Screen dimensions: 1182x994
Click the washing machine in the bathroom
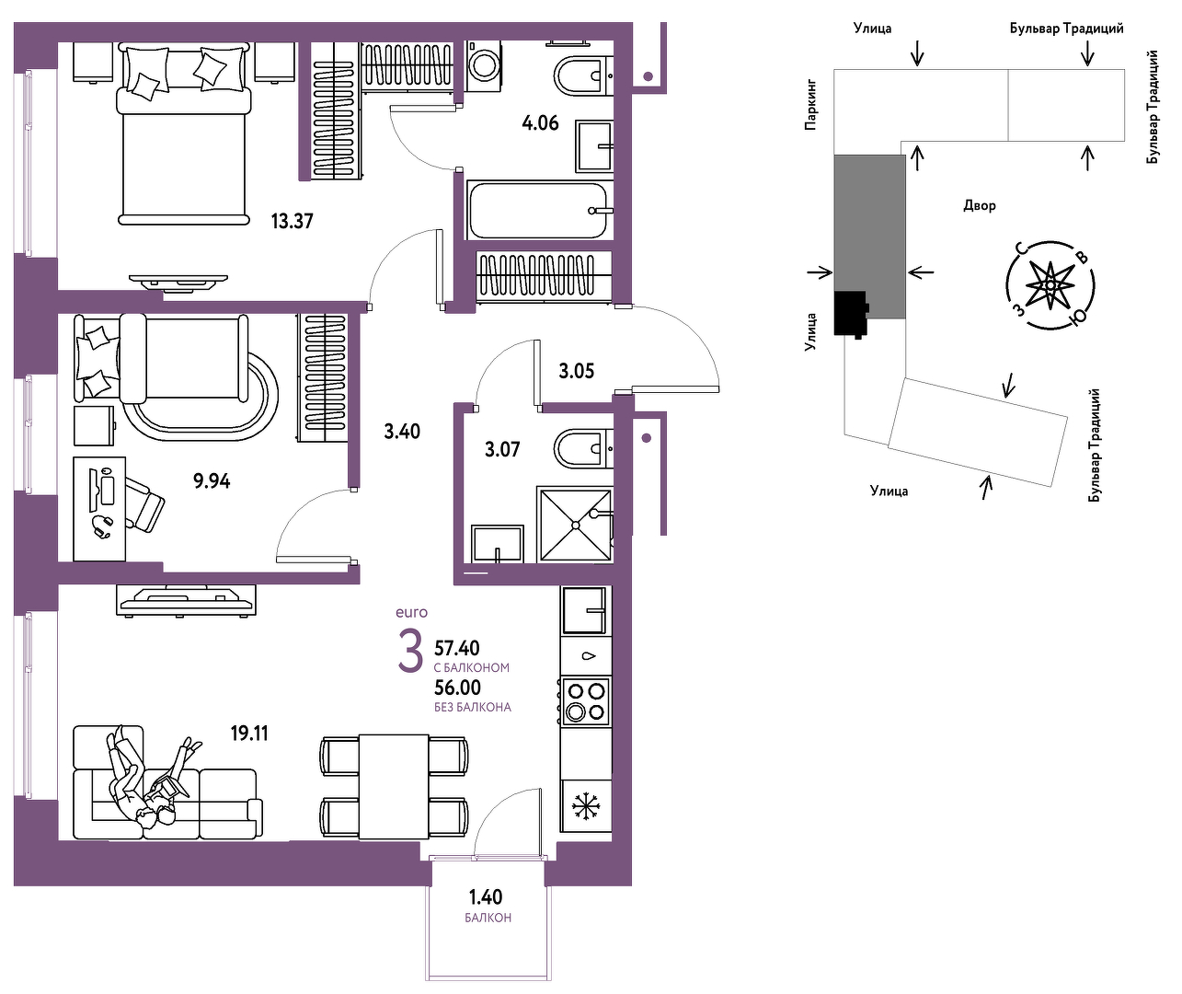[x=484, y=66]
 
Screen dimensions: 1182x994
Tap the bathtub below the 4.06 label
[x=538, y=210]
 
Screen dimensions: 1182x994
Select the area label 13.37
[x=292, y=221]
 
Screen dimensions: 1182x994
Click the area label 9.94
[x=212, y=481]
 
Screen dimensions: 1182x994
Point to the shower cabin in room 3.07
[x=575, y=525]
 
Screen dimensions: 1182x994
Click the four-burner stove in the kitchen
[x=585, y=701]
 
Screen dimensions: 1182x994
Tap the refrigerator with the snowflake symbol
[x=585, y=806]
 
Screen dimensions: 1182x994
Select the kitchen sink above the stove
[x=585, y=610]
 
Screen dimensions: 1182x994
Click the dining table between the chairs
[x=394, y=786]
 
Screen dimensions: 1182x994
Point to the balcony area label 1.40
[x=485, y=897]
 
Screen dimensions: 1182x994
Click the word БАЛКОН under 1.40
[x=488, y=919]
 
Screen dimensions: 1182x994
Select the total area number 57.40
[x=457, y=647]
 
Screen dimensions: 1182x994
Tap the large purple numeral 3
[x=410, y=652]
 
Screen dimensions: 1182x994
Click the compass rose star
[x=1050, y=285]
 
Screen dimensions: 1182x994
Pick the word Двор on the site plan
[x=980, y=205]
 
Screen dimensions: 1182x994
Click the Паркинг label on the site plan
[x=810, y=105]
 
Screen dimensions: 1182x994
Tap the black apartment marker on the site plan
[x=852, y=314]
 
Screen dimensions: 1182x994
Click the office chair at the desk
[x=143, y=503]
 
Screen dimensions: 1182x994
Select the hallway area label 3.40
[x=402, y=432]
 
